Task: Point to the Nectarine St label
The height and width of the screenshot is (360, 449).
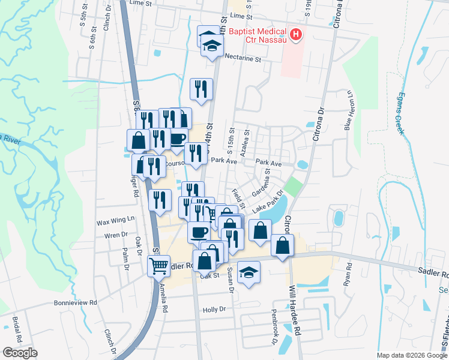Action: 243,59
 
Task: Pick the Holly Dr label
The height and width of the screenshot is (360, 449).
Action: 214,310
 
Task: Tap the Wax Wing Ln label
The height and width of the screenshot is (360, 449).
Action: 115,222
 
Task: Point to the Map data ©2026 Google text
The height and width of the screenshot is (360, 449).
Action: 412,355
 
